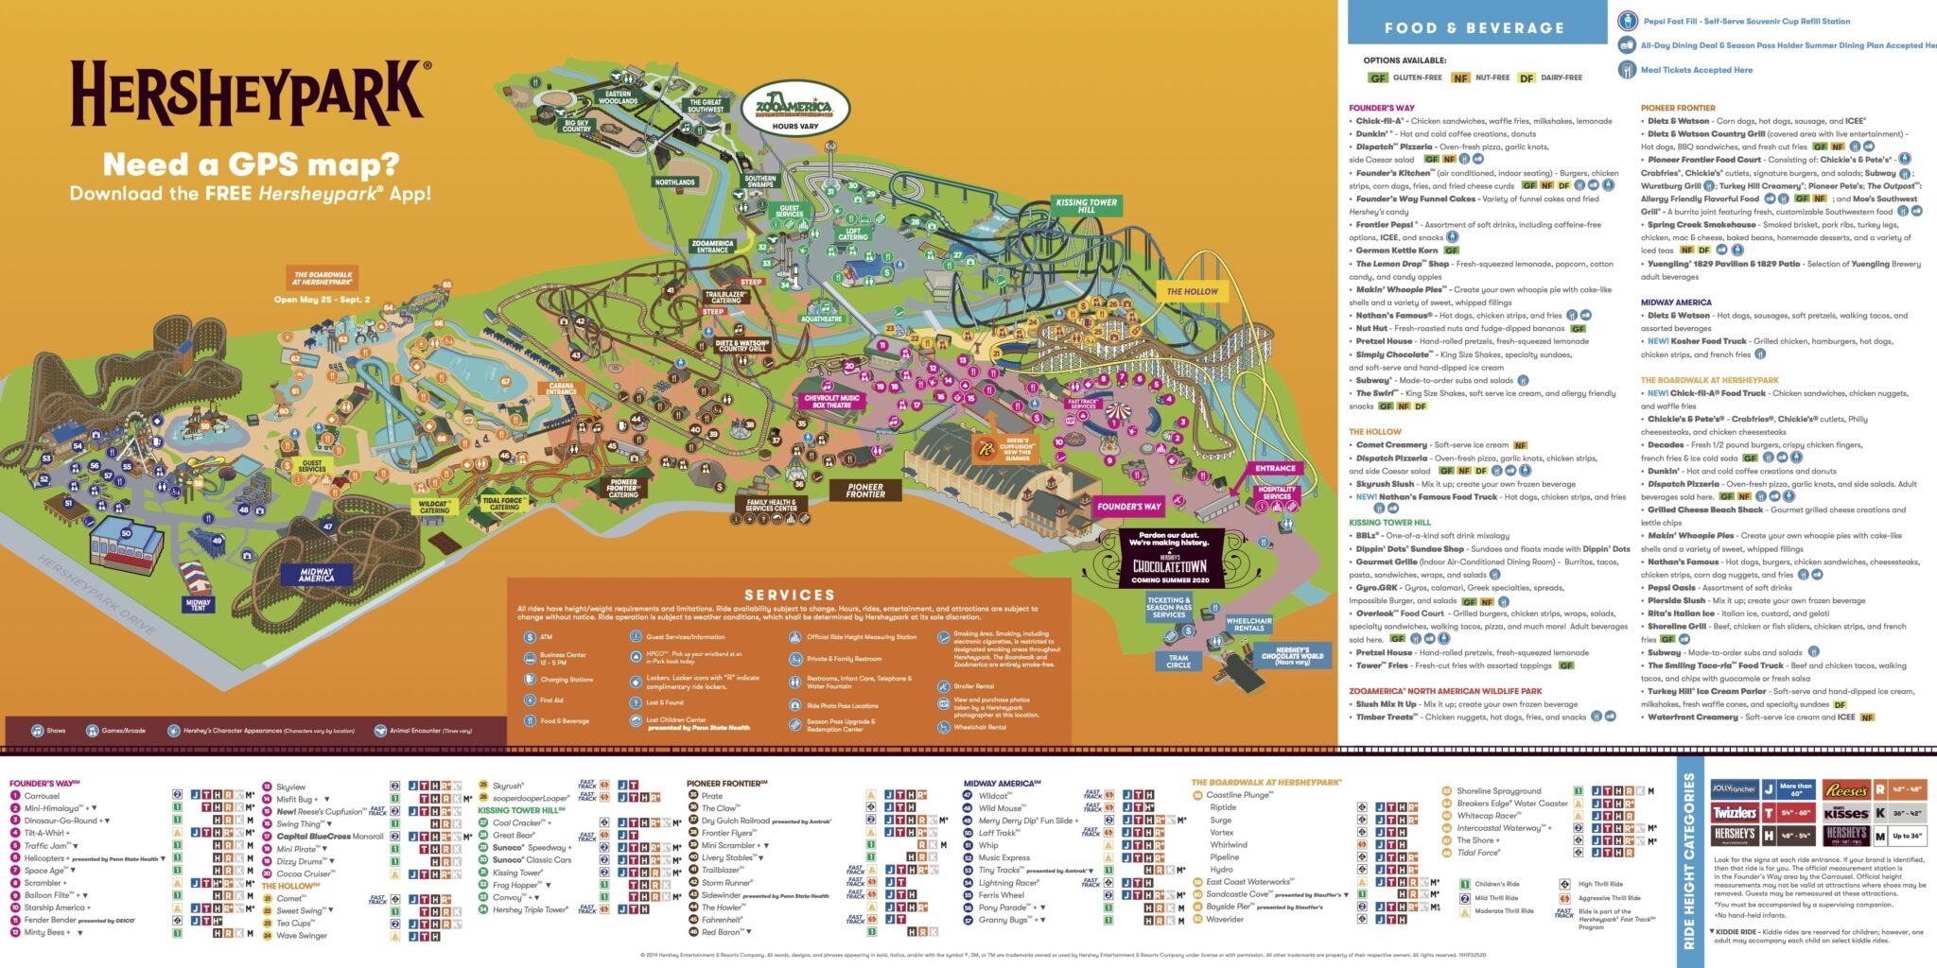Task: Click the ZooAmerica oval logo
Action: tap(794, 108)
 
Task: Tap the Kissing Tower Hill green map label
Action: tap(1086, 205)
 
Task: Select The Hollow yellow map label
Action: tap(1192, 291)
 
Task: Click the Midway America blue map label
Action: tap(316, 574)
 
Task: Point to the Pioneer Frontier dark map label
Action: tap(864, 490)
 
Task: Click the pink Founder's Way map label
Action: tap(1128, 507)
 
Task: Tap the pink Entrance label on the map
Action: tap(1275, 468)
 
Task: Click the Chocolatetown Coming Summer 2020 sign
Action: tap(1170, 559)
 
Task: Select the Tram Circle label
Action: tap(1178, 661)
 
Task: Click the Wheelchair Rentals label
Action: tap(1248, 624)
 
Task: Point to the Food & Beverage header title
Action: tap(1474, 28)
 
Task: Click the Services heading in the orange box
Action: tap(789, 595)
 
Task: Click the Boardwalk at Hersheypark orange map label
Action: tap(323, 278)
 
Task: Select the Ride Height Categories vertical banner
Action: tap(1689, 861)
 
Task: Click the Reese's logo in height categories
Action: tap(1845, 790)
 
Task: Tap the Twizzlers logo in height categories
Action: tap(1734, 813)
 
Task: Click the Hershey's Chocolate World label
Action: tap(1292, 654)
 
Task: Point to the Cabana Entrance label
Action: tap(561, 389)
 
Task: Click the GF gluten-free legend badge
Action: tap(1378, 78)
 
